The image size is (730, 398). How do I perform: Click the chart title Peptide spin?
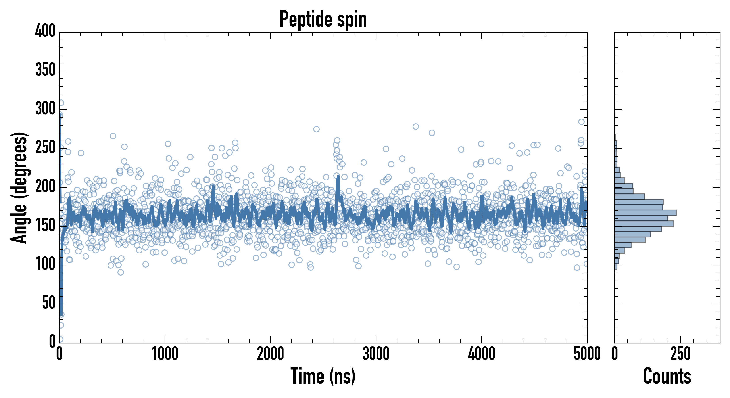(323, 19)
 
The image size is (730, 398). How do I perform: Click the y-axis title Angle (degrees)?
(19, 188)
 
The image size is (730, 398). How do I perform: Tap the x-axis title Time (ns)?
(323, 376)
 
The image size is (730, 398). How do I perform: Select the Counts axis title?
(667, 376)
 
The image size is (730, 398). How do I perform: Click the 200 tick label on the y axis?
(45, 186)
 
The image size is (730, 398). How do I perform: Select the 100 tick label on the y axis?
(45, 264)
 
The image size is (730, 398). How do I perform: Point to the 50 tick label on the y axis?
(49, 303)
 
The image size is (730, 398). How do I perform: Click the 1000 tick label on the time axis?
(165, 354)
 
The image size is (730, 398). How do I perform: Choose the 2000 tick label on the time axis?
(270, 354)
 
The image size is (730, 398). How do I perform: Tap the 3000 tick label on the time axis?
(376, 354)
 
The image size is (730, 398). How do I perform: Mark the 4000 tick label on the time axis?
(482, 354)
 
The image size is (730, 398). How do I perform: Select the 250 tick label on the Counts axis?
(680, 354)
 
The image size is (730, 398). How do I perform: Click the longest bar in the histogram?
(645, 213)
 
